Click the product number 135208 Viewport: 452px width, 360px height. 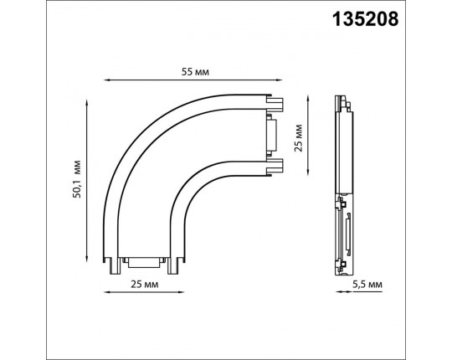pos(365,19)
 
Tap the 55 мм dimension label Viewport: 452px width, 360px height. pos(195,72)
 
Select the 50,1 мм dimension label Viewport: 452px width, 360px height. pos(77,178)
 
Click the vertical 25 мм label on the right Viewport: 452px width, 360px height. pos(298,138)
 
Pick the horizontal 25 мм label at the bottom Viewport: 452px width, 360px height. pos(145,284)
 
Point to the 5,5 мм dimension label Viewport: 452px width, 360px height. pos(367,285)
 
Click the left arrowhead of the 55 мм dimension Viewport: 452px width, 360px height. pos(106,80)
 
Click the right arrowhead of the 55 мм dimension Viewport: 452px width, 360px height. pos(280,80)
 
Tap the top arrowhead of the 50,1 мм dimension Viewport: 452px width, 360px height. pos(87,102)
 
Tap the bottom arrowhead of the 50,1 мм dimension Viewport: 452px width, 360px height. pos(87,259)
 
